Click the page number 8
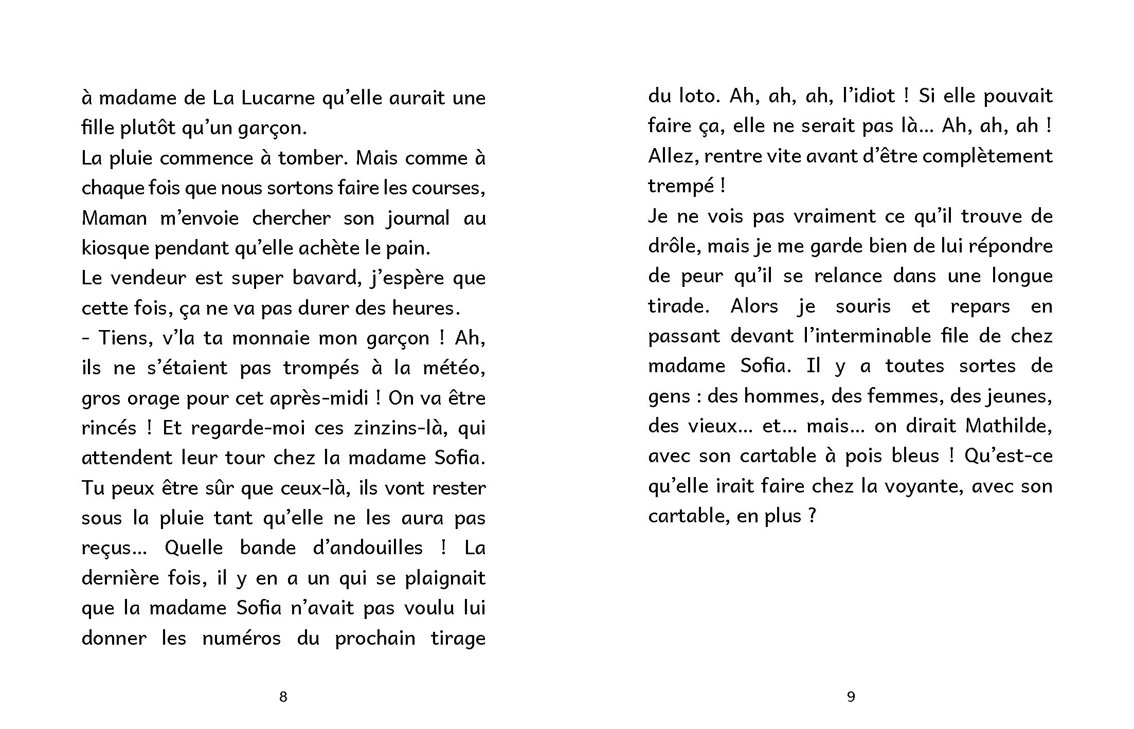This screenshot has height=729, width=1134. pos(283,697)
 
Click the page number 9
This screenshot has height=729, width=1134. pos(851,697)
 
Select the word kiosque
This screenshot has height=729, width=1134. pos(115,248)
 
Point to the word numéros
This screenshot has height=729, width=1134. pos(241,638)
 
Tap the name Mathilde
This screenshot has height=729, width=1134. pos(1008,426)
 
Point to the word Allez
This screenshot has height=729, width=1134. pos(673,156)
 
